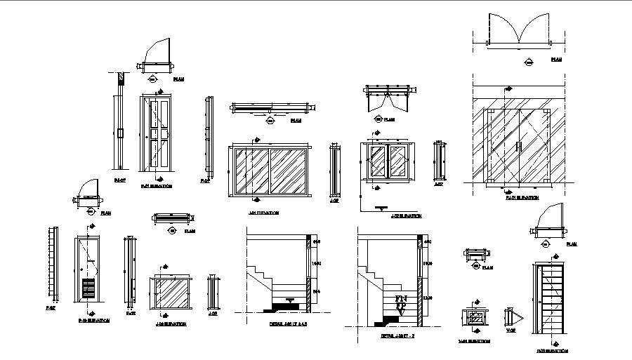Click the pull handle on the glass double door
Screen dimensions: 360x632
click(x=518, y=147)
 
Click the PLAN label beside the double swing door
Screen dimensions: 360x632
click(x=555, y=60)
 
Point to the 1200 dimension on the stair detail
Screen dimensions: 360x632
click(x=428, y=298)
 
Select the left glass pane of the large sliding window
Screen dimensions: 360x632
click(x=251, y=171)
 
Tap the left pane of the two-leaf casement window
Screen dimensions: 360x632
click(x=378, y=162)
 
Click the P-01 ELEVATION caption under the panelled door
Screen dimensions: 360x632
click(x=156, y=186)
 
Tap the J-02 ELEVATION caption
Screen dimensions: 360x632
click(x=406, y=216)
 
